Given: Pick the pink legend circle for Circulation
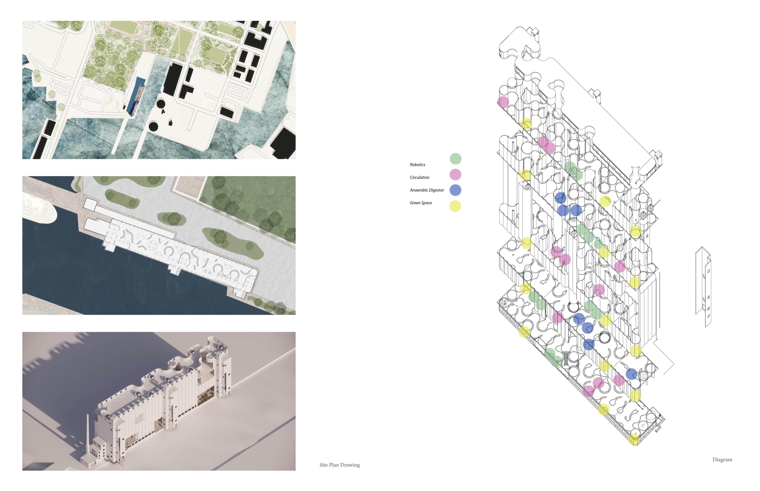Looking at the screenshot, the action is click(455, 174).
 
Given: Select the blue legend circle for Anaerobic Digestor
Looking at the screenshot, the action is click(455, 190).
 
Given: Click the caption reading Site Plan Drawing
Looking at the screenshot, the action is click(339, 465).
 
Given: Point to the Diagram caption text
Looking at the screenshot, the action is click(722, 459).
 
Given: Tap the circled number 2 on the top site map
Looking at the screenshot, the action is click(154, 22).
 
